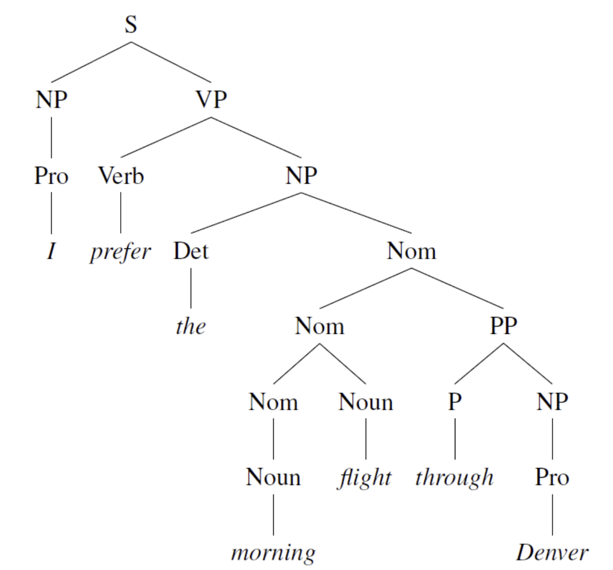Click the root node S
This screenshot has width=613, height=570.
(x=130, y=25)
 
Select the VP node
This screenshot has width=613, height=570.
(x=211, y=100)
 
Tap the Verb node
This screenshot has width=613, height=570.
(x=121, y=175)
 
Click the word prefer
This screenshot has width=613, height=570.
(x=120, y=252)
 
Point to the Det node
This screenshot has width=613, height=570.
(x=191, y=251)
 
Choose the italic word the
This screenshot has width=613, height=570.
(x=191, y=326)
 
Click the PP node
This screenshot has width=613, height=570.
(x=503, y=326)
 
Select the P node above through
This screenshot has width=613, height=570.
(x=455, y=402)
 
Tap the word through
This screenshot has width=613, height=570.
(x=454, y=477)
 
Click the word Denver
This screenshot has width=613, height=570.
(x=552, y=552)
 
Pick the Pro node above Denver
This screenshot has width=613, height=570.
(x=552, y=477)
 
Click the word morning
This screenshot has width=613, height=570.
(x=273, y=552)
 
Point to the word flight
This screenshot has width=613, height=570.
(x=365, y=477)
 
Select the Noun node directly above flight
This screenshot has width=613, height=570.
(x=366, y=402)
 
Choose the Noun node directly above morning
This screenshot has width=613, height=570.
(x=273, y=477)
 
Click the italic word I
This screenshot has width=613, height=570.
(x=51, y=251)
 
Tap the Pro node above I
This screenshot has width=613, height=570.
(x=51, y=175)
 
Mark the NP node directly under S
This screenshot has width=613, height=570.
(x=51, y=100)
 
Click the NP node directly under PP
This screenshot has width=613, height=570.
(x=552, y=402)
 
